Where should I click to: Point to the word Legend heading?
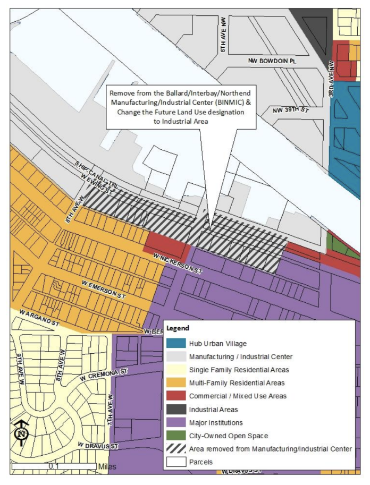pos(178,328)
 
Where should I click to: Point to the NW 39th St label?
pos(290,110)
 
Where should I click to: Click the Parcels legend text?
pos(201,462)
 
